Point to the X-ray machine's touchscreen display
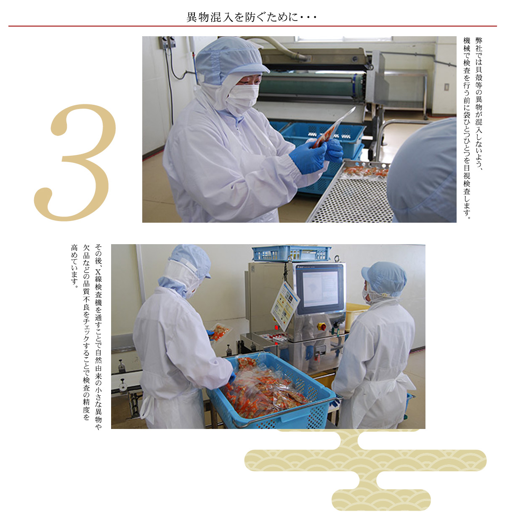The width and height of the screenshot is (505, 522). [320, 289]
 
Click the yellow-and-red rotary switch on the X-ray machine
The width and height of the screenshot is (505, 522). [321, 326]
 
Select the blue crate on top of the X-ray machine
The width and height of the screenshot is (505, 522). [292, 253]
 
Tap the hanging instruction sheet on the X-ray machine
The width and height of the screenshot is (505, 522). [284, 306]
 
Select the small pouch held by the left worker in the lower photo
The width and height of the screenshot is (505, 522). [221, 333]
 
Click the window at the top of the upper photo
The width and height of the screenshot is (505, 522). [343, 39]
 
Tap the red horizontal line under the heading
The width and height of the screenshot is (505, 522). [252, 26]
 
